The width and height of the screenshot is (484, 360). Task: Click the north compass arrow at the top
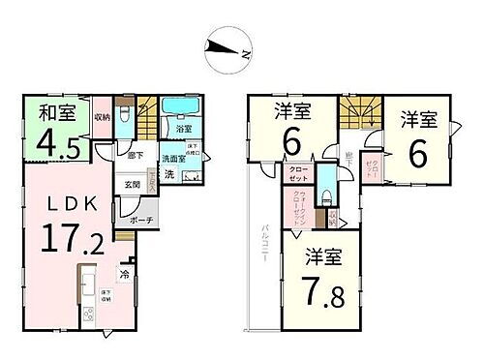[229, 48]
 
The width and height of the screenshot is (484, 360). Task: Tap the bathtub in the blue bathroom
[177, 106]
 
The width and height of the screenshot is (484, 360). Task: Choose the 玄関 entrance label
[133, 186]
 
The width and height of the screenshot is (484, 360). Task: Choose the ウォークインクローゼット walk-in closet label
[298, 203]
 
